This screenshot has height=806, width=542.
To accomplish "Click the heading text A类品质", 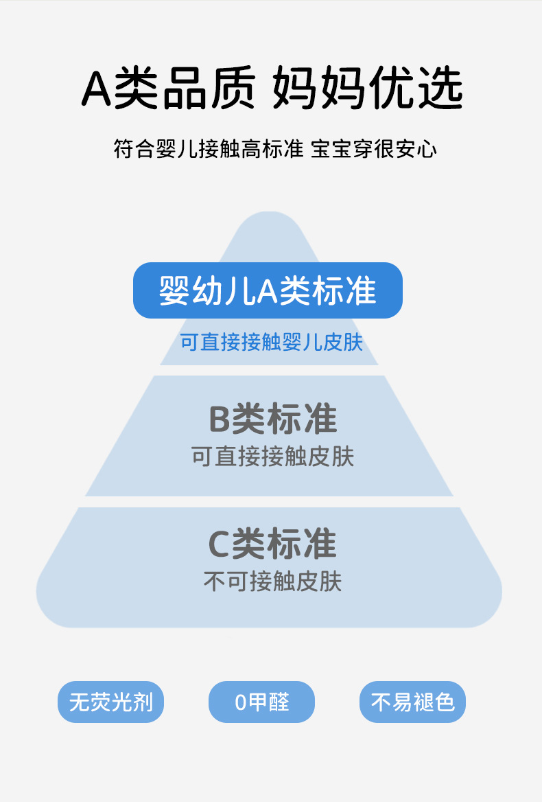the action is (168, 89).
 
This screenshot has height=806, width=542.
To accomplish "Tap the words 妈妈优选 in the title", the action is (368, 89).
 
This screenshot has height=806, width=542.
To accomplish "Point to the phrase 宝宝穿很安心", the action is (374, 149).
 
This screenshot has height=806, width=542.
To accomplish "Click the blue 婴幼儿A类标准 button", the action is (268, 290).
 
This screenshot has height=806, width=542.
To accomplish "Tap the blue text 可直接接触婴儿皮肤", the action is (271, 342).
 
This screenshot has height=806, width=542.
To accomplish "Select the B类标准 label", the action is (272, 419).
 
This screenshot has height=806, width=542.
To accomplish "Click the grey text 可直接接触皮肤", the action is (272, 457).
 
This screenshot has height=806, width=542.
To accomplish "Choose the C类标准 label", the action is (272, 544).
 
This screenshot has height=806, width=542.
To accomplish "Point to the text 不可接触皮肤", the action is (272, 582).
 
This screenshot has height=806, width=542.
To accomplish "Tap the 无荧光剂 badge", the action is (110, 702).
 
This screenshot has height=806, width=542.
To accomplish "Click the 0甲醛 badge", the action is (261, 702).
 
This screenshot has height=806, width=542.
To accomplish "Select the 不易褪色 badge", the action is (412, 702).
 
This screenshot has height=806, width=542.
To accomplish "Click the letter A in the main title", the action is (96, 90).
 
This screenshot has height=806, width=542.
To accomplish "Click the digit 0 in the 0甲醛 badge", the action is (240, 702).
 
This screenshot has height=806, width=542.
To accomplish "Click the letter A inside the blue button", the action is (268, 291).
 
